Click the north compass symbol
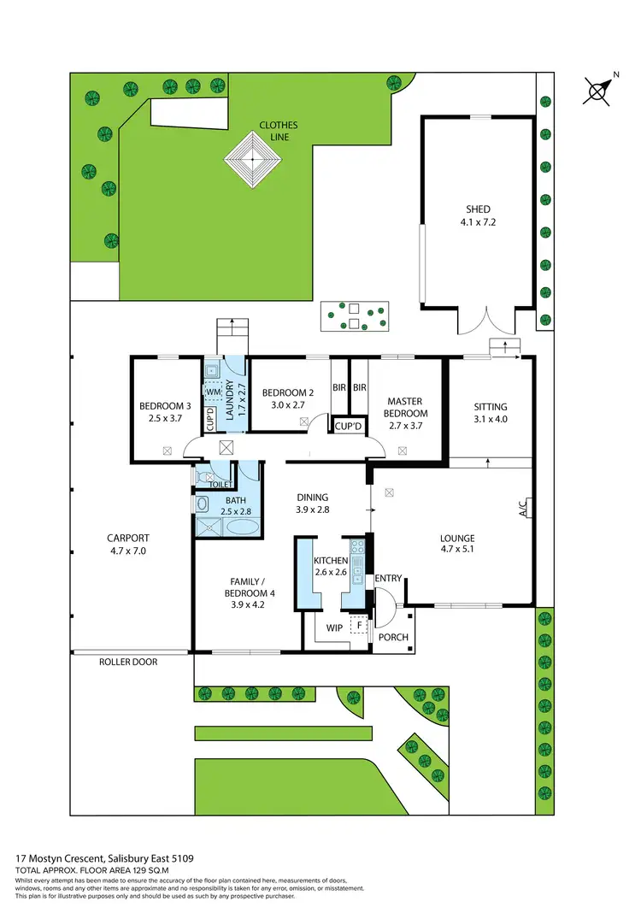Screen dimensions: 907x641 600,90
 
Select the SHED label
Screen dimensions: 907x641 479,209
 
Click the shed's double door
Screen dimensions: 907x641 485,321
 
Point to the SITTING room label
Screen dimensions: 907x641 491,407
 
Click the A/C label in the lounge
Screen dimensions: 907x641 522,508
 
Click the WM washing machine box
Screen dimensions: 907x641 213,391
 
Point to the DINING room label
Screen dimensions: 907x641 312,497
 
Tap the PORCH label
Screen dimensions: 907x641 393,637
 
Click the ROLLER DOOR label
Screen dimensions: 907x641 128,662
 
